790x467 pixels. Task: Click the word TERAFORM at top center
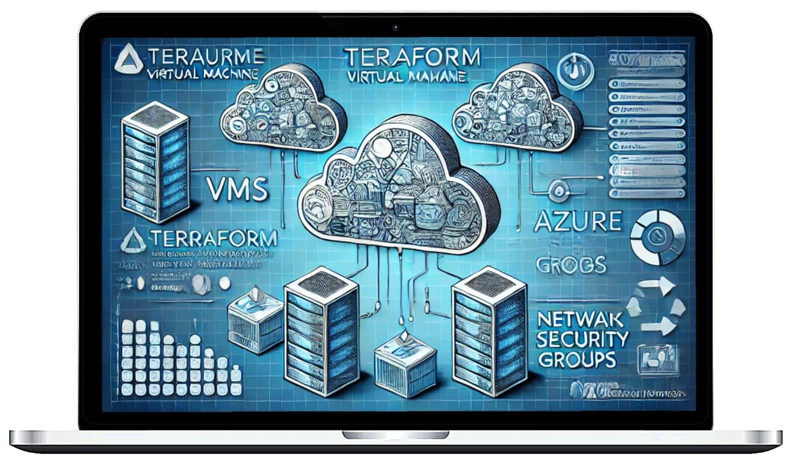pyautogui.click(x=412, y=59)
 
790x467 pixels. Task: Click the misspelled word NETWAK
pyautogui.click(x=581, y=320)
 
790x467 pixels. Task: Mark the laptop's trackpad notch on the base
pyautogui.click(x=395, y=435)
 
